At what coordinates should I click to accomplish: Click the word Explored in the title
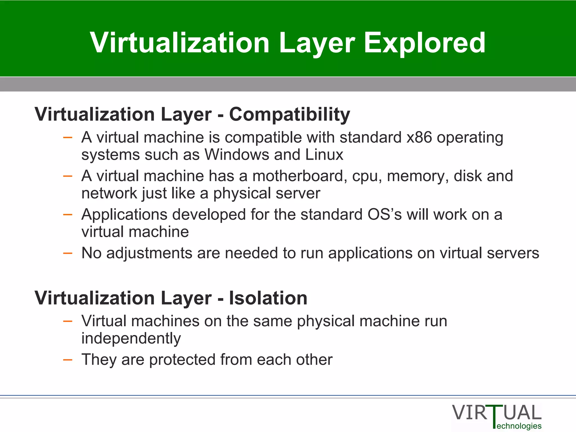(425, 43)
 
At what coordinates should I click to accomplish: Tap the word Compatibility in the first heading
(289, 114)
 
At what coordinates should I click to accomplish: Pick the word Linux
(324, 155)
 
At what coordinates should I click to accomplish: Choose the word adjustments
(149, 253)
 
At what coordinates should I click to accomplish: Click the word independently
(131, 339)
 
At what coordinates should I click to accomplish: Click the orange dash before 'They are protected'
(68, 360)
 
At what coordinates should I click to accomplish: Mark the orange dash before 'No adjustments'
(68, 253)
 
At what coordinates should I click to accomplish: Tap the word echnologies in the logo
(519, 426)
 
